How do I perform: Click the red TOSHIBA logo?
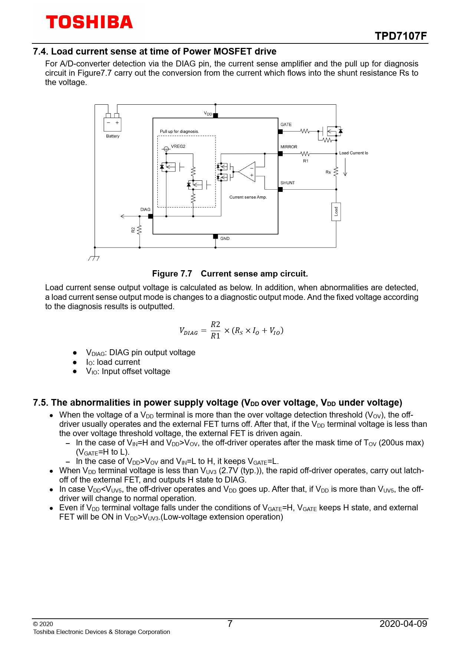point(89,22)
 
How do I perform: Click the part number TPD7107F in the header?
point(401,36)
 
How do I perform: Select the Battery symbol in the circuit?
point(112,124)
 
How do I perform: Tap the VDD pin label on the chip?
point(208,114)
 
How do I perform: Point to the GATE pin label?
point(286,125)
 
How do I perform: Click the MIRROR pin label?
point(289,147)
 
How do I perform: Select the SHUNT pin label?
point(287,183)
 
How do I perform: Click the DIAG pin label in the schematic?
point(145,210)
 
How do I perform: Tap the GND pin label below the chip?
point(225,239)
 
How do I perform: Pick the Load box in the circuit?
point(336,212)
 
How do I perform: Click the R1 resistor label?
point(306,161)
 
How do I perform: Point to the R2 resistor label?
point(133,230)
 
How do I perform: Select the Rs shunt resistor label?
point(328,172)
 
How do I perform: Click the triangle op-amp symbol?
point(248,172)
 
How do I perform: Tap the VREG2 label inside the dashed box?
point(178,147)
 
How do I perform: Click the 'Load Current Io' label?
point(354,153)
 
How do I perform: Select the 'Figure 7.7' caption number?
point(172,274)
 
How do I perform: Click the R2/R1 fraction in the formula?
point(216,330)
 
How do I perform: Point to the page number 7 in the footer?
point(230,624)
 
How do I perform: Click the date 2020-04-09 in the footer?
point(403,624)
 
